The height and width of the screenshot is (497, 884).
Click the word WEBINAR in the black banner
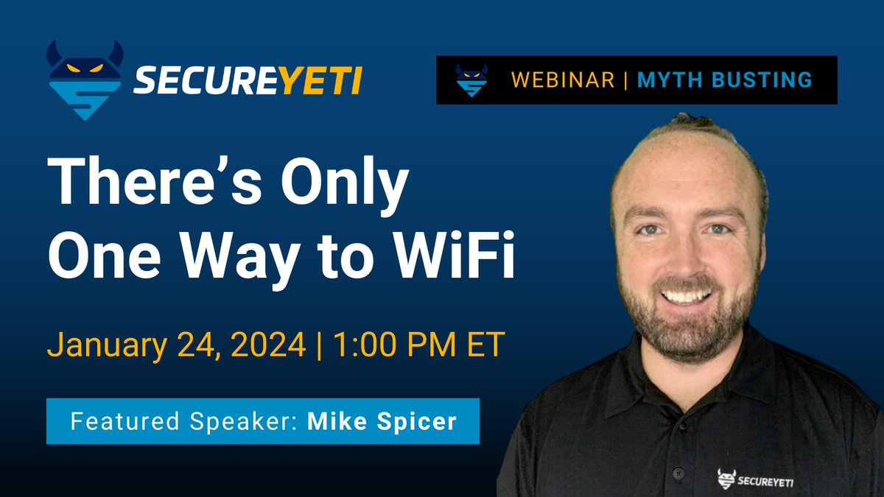tap(564, 80)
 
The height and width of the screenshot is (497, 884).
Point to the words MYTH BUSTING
tap(724, 80)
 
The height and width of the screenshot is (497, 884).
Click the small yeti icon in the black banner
tap(471, 80)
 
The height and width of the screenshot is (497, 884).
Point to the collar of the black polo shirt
tap(648, 383)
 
